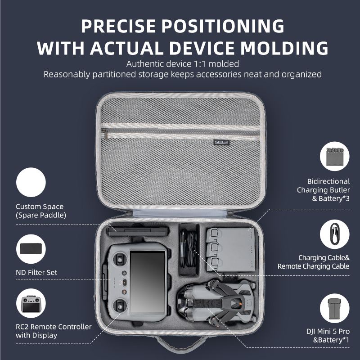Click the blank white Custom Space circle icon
[x=31, y=183]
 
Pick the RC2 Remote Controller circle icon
[x=31, y=304]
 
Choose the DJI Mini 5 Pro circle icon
[x=334, y=309]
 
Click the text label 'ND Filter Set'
[x=36, y=272]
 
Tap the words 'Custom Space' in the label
[x=40, y=207]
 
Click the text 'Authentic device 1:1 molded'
[x=182, y=64]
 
